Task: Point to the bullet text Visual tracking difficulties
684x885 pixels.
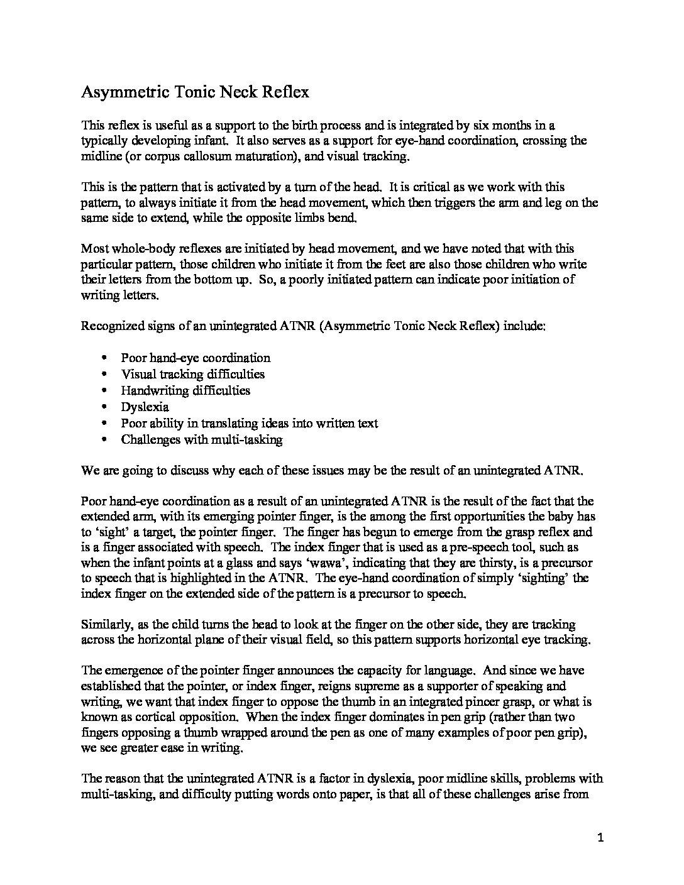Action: click(x=192, y=374)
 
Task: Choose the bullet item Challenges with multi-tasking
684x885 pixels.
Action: click(x=201, y=439)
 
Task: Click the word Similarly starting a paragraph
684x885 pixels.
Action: click(x=106, y=625)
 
